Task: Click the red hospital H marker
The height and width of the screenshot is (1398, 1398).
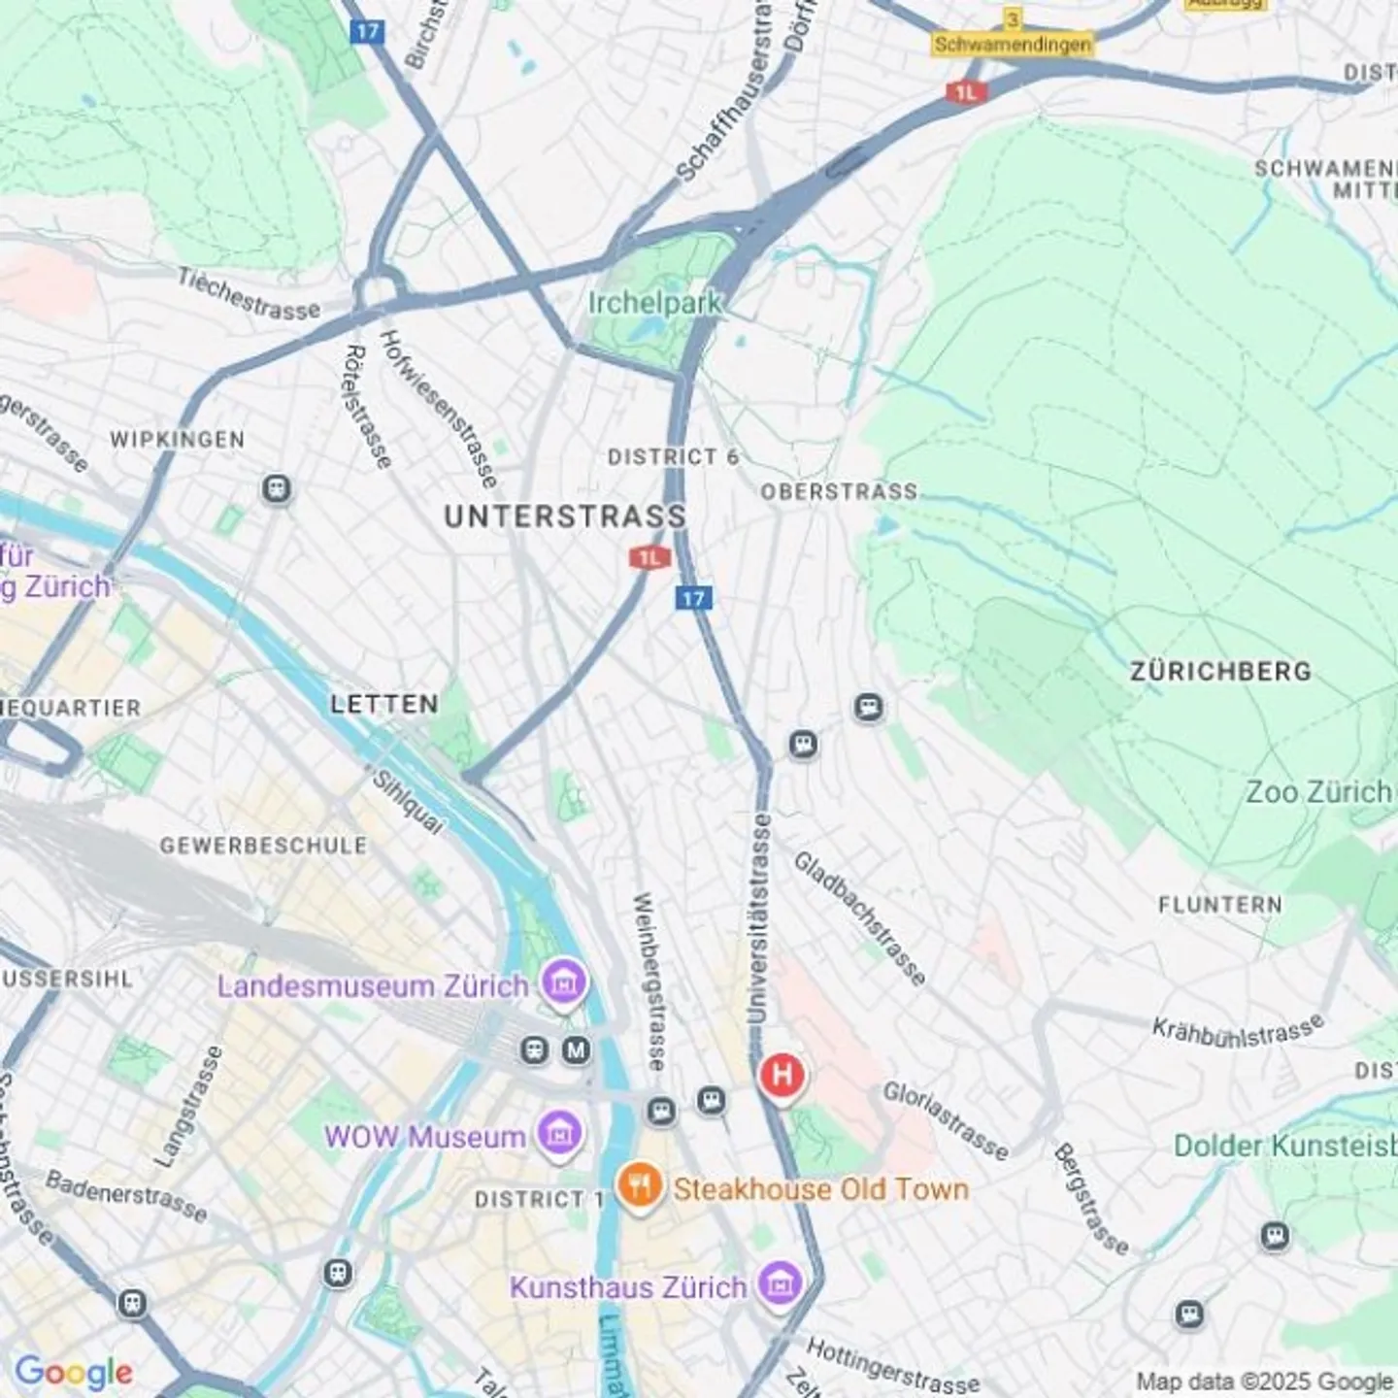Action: click(782, 1076)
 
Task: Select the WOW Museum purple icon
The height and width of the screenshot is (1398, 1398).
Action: click(560, 1133)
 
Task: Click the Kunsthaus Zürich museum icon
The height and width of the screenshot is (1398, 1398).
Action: click(780, 1284)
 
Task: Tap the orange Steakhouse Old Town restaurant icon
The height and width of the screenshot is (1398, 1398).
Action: click(639, 1186)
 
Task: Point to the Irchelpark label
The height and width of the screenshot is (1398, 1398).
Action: click(655, 303)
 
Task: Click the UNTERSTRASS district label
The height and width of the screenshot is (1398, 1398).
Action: click(565, 516)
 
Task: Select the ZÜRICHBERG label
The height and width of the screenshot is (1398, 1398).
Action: click(1220, 671)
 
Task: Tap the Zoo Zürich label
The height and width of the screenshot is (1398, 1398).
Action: click(1318, 792)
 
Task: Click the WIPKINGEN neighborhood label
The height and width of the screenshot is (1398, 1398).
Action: click(177, 440)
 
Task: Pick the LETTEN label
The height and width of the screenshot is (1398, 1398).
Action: click(384, 704)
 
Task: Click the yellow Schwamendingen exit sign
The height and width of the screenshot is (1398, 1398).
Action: click(1012, 45)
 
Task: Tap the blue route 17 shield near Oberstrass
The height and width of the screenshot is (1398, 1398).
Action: click(693, 597)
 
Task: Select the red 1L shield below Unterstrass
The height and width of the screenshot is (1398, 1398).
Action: click(649, 557)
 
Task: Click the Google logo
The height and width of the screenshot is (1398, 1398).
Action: click(74, 1372)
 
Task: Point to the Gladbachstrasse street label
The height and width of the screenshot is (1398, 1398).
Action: click(859, 917)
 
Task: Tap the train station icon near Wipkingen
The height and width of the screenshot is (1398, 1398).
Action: click(277, 488)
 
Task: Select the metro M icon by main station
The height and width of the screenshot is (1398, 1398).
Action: click(577, 1049)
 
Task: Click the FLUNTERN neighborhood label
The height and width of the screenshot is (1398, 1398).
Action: click(1219, 905)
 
